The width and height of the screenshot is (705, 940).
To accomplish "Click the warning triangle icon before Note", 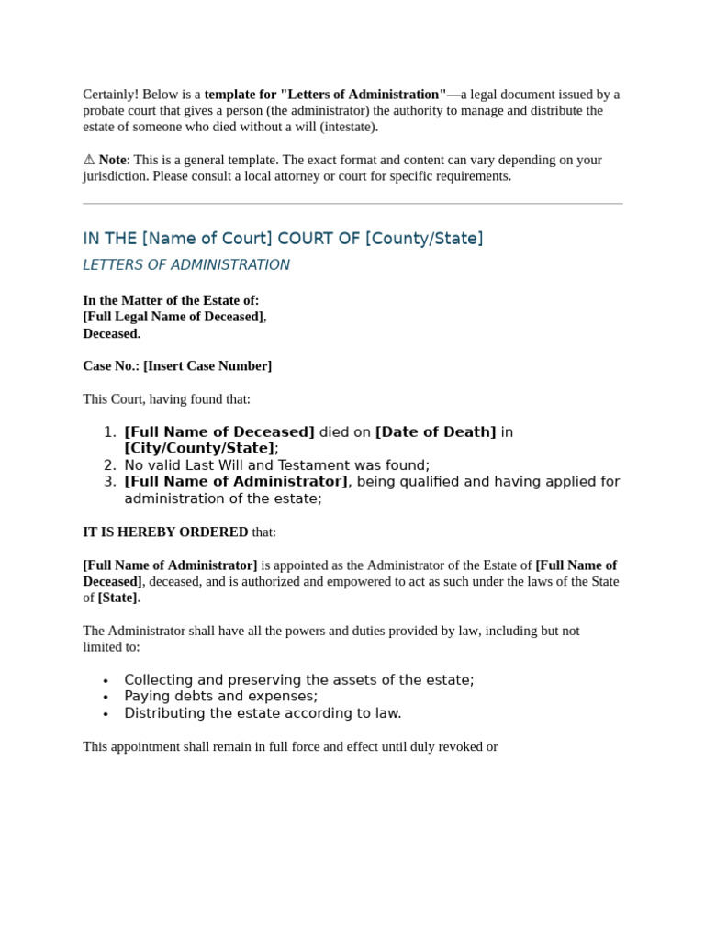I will (89, 160).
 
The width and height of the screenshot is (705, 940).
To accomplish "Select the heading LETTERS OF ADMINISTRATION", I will (186, 265).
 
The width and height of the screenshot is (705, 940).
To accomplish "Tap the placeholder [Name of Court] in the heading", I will (207, 239).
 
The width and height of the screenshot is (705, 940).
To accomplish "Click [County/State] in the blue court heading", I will (424, 239).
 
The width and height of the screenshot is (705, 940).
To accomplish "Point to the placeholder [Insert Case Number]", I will (207, 366).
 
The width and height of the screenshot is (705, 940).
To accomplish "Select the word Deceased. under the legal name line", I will (112, 334).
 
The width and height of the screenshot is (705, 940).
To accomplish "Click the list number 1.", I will (109, 432).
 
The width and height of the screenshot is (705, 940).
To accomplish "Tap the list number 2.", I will (109, 465).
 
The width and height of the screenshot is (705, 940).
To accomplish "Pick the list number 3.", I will (109, 482).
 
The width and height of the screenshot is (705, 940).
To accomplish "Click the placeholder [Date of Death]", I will (436, 432).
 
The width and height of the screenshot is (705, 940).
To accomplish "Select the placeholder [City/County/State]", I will (199, 449).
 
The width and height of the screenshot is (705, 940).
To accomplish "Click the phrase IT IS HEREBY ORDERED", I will (165, 532).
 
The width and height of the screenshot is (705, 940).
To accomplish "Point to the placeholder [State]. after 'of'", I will (118, 599).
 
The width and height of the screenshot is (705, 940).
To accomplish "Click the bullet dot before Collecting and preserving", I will (106, 681).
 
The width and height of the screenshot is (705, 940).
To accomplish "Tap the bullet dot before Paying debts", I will (106, 698).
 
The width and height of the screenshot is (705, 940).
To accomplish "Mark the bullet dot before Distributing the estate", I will (106, 714).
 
